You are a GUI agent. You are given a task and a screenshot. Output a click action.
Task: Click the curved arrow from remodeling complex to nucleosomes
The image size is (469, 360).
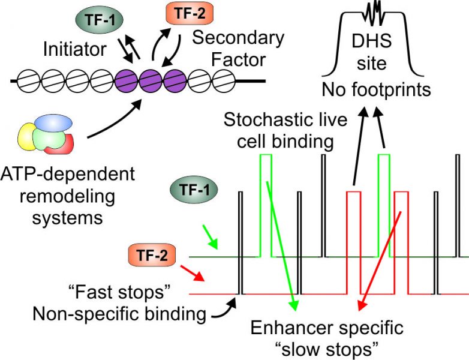pyautogui.click(x=121, y=121)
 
